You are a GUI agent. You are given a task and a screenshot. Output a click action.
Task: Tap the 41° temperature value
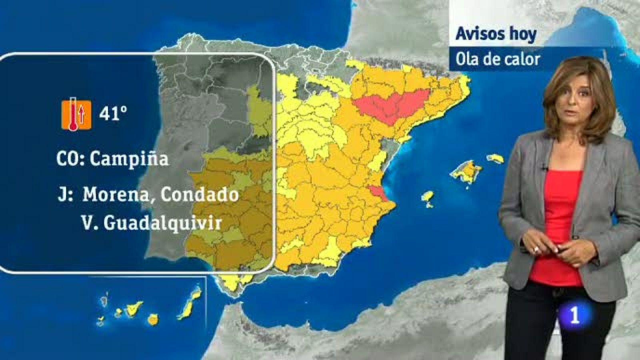(113, 114)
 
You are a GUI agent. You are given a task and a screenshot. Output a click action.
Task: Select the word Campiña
(129, 159)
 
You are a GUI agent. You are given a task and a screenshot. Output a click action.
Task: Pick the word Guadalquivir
(162, 222)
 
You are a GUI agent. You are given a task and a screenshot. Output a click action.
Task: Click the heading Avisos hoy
(496, 34)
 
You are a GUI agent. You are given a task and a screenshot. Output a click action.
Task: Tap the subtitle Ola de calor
(498, 60)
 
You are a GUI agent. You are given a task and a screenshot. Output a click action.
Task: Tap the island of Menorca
(495, 158)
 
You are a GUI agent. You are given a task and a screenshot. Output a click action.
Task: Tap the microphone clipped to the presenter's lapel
(543, 168)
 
